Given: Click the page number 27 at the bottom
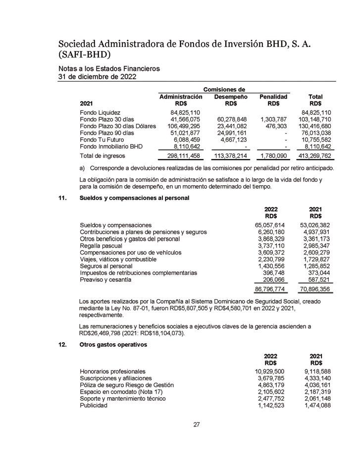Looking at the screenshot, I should (196, 424).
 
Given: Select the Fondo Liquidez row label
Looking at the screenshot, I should (100, 112).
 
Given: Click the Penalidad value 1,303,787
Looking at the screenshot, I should (273, 119).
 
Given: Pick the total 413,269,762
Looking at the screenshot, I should (315, 156).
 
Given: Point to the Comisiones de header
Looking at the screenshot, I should (224, 89).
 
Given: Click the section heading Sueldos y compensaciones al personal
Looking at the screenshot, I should (134, 198).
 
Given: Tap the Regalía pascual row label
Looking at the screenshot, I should (101, 246).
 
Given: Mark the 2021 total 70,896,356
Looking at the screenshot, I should (315, 288).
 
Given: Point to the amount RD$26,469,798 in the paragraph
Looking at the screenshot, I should (103, 333).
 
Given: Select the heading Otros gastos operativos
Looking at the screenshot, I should (113, 345).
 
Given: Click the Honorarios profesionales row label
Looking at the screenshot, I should (112, 371).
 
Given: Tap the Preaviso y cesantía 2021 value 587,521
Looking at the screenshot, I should (318, 279).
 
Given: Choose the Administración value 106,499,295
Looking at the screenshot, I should (180, 126).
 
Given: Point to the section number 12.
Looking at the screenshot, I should (62, 345).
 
